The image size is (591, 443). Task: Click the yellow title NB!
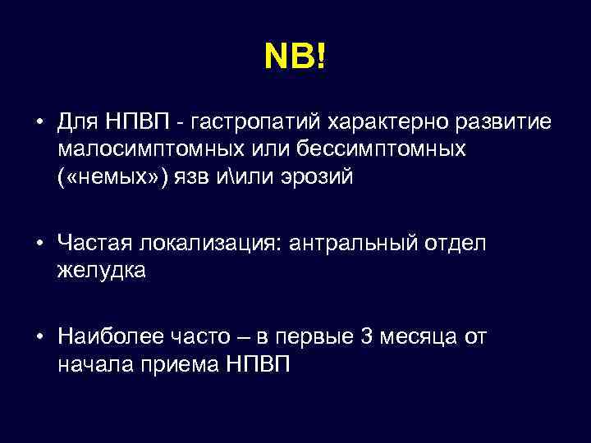point(295,58)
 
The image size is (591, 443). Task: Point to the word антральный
point(352,243)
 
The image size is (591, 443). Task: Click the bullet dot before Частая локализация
point(39,243)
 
